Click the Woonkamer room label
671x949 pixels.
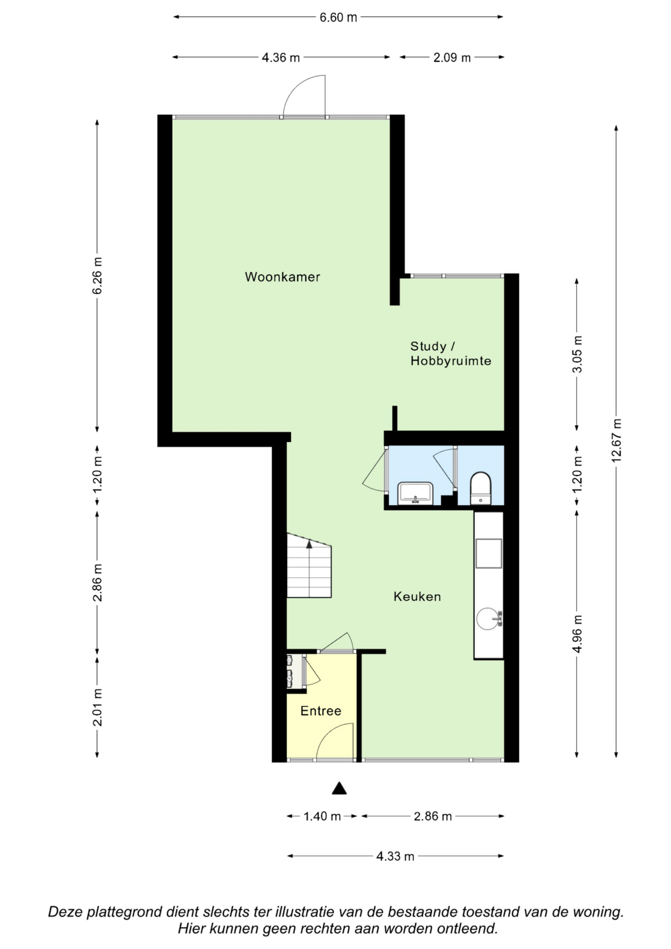282,277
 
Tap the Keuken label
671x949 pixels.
417,596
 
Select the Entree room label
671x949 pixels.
321,711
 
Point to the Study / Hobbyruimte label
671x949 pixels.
451,353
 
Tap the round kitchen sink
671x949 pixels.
488,618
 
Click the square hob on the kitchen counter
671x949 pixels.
489,553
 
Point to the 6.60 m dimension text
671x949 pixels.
338,17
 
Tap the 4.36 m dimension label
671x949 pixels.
281,57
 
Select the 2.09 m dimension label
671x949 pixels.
452,57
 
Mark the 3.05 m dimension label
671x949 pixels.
577,354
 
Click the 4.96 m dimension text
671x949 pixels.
577,634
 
